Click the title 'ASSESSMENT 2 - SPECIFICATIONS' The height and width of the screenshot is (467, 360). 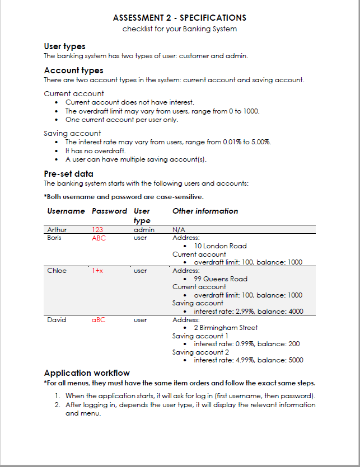click(x=180, y=18)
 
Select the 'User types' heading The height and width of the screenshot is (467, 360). click(x=64, y=46)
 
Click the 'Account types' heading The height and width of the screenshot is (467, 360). click(x=73, y=70)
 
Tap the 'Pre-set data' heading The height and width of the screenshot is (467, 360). click(x=68, y=173)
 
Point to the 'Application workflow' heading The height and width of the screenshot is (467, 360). click(x=87, y=373)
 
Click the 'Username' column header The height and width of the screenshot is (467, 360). click(x=66, y=211)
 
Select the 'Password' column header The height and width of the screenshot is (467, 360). click(x=109, y=211)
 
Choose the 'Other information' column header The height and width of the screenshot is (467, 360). click(x=205, y=211)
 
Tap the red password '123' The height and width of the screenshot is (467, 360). click(x=97, y=229)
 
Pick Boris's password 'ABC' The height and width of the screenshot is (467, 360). click(x=99, y=238)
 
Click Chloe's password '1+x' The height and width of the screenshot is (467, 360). click(x=97, y=271)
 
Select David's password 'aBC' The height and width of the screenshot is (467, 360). click(x=99, y=320)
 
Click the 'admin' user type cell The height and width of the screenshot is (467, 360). click(x=144, y=229)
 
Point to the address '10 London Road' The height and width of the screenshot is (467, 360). click(x=220, y=246)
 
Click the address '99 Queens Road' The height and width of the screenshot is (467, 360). click(x=220, y=279)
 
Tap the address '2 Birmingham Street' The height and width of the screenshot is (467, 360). click(x=226, y=328)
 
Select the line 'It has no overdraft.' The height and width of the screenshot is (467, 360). click(x=96, y=151)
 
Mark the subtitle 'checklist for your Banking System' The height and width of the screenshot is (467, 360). click(x=180, y=29)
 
